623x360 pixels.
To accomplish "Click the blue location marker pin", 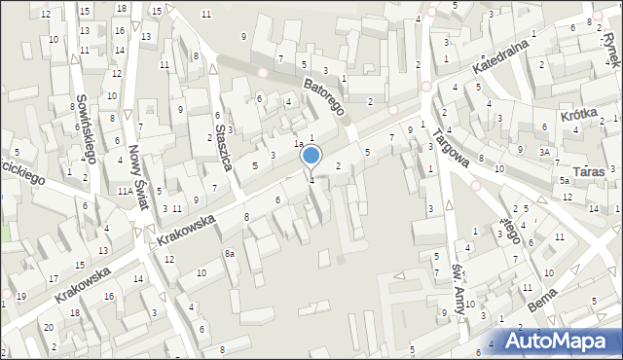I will pos(311,156).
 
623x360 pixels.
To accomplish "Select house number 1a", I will pos(300,144).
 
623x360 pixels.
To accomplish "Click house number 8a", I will pos(230,254).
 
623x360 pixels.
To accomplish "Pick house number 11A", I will pos(126,192).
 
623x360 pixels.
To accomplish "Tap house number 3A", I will pos(547,151).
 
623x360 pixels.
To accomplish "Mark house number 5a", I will pos(564,181).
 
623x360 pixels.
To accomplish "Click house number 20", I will pos(49,328).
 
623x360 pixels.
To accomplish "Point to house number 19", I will pos(21,295).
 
